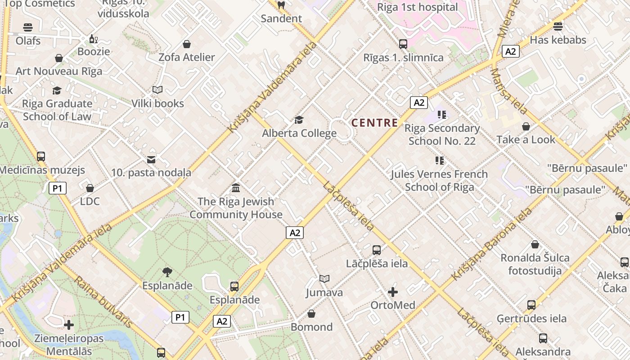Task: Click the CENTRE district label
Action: click(374, 122)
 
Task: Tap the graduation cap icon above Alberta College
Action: click(299, 120)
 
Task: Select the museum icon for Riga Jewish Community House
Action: click(236, 188)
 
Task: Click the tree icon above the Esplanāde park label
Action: click(167, 272)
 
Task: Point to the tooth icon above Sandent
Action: click(281, 5)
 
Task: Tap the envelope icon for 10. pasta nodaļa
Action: click(151, 159)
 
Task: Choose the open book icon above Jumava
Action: click(324, 279)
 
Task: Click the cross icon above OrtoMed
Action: click(393, 292)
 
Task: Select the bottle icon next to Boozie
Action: click(93, 39)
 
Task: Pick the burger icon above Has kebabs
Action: click(558, 27)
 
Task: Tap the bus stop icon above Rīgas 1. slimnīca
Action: click(403, 44)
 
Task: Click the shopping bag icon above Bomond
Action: click(311, 314)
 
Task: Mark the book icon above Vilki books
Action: click(157, 90)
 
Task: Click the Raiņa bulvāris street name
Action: click(103, 301)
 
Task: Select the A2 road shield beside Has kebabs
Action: click(511, 51)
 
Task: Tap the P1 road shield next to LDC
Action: click(58, 188)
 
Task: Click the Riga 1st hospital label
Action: click(417, 7)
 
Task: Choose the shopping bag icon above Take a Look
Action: click(526, 127)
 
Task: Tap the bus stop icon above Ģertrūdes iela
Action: click(531, 305)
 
